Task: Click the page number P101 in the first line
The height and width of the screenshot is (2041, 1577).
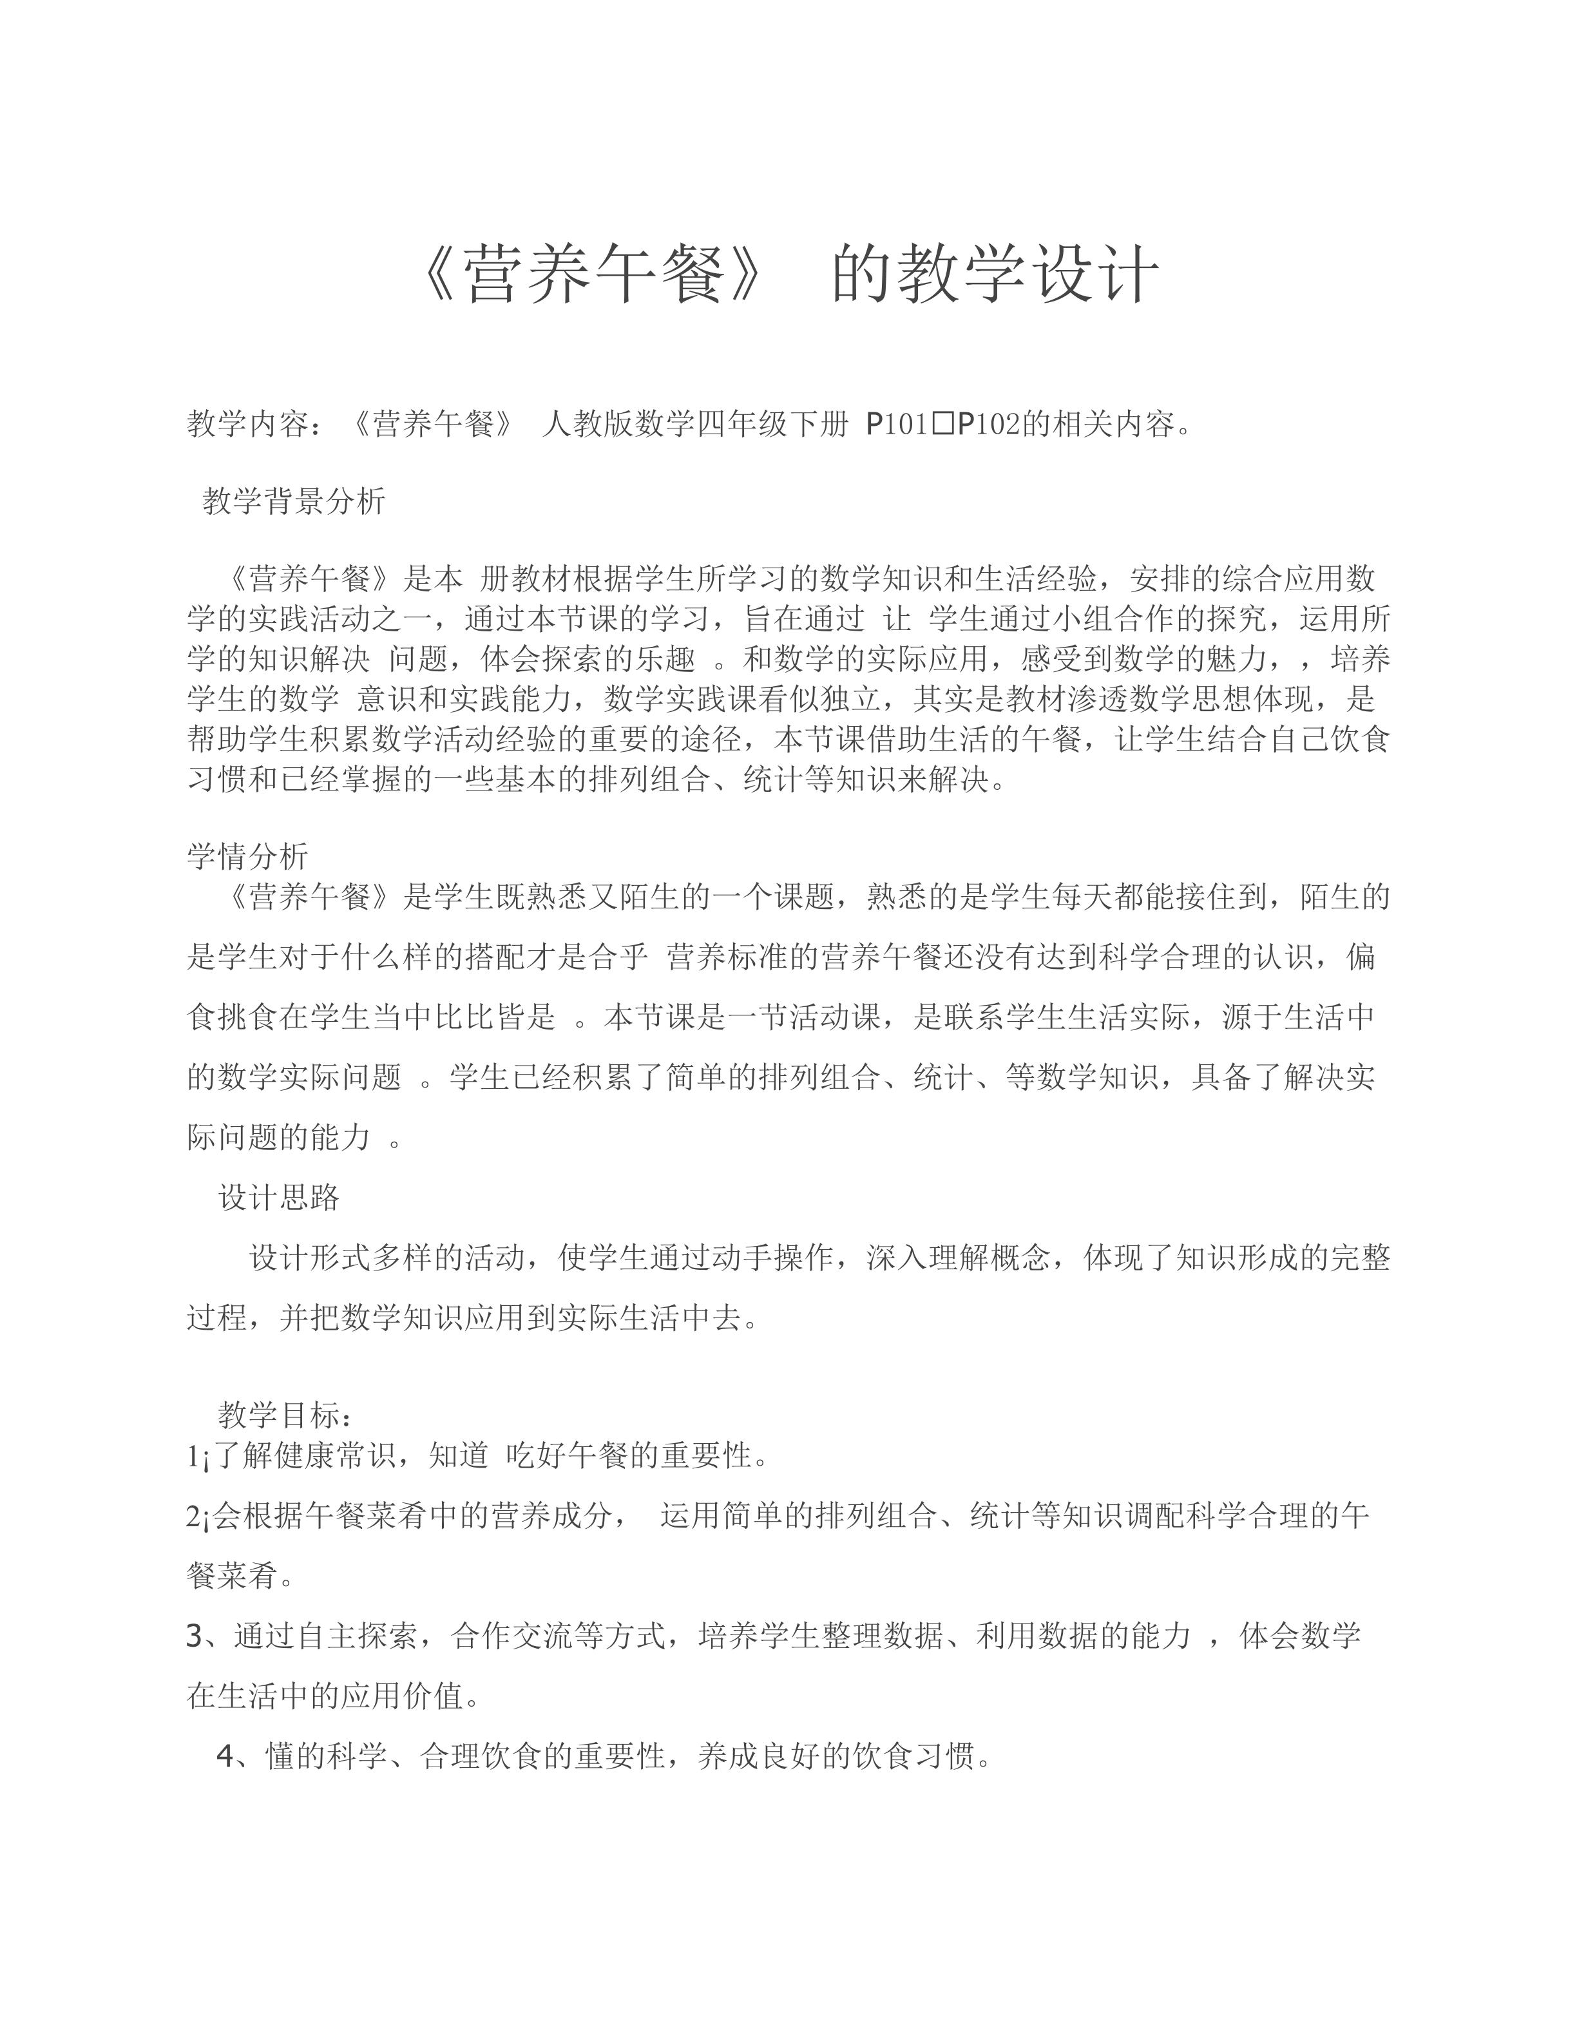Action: pos(897,425)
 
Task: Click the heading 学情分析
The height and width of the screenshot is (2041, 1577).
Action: pos(247,855)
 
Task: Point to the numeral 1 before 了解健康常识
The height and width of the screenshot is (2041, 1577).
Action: pos(191,1456)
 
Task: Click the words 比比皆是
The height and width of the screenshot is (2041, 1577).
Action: pos(495,1017)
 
